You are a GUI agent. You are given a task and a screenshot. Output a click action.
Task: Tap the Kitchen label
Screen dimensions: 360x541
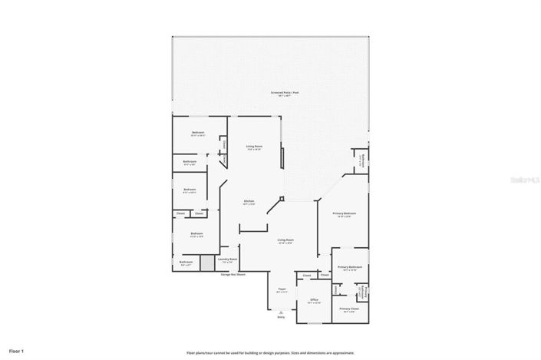249,203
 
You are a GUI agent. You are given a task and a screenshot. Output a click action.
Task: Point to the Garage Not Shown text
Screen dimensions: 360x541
233,273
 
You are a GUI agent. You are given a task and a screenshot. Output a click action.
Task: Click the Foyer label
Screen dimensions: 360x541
282,290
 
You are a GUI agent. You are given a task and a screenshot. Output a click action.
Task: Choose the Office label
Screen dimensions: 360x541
314,299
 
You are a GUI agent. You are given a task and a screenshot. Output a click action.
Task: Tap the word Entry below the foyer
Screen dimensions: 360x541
281,316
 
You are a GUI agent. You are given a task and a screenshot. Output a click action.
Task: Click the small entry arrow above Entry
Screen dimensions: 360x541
281,311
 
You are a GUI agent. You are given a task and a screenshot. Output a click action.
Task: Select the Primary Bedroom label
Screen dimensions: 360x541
342,213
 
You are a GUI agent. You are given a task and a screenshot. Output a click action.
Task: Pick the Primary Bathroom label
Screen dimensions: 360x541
349,267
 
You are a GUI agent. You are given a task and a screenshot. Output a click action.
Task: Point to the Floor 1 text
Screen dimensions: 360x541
17,351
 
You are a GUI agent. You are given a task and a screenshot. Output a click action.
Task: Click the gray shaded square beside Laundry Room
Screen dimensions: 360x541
206,263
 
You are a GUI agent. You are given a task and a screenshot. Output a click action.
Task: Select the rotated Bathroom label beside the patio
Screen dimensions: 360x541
363,161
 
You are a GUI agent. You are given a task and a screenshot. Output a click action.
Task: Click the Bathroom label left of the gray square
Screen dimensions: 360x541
186,262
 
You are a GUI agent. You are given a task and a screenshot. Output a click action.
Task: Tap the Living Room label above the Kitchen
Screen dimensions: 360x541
254,146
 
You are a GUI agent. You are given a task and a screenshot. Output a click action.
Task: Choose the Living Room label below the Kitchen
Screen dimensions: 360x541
285,240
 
